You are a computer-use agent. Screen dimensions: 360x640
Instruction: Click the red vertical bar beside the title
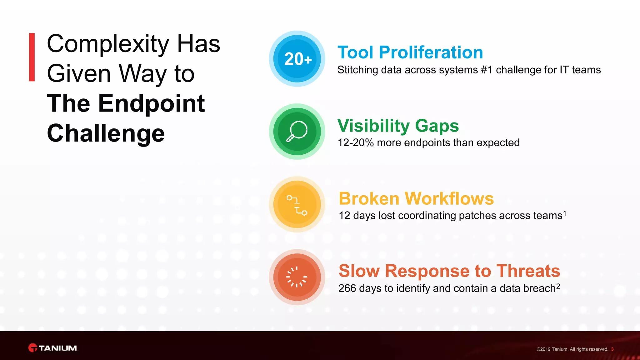point(32,57)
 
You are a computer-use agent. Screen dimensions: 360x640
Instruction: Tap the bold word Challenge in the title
point(106,133)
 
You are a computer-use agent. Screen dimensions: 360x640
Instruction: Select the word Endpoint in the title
point(152,103)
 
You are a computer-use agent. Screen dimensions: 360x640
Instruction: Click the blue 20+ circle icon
point(297,59)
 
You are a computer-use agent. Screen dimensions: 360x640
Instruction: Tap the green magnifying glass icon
point(297,132)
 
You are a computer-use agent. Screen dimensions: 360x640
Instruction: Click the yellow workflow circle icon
point(297,204)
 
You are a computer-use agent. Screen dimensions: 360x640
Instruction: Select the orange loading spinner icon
point(297,277)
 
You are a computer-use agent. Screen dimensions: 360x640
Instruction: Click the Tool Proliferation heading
point(410,52)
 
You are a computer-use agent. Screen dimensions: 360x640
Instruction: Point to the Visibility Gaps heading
point(398,126)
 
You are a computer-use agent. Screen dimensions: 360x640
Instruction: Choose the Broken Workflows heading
point(416,198)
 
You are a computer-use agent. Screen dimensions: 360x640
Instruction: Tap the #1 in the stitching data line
point(487,70)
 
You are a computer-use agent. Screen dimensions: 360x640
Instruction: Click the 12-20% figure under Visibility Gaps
point(356,143)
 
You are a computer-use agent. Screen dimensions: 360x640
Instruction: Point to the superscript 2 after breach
point(558,286)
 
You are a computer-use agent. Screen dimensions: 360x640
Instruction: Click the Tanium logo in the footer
point(52,348)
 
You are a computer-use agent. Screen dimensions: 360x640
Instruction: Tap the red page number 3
point(612,349)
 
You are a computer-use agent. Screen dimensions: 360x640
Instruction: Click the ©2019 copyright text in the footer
point(572,349)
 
